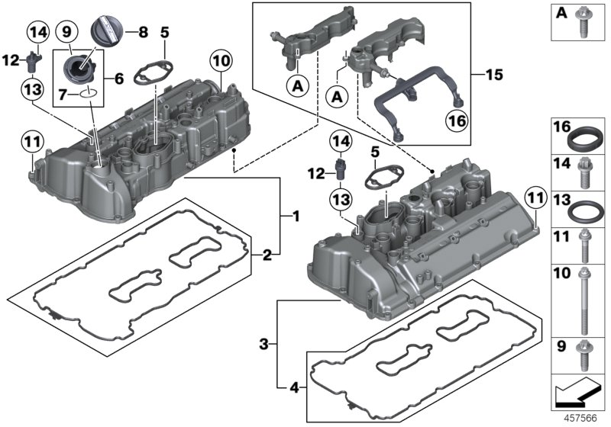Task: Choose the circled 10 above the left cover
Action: pyautogui.click(x=221, y=59)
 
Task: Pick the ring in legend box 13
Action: pyautogui.click(x=584, y=208)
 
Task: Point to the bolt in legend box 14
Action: pyautogui.click(x=585, y=172)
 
